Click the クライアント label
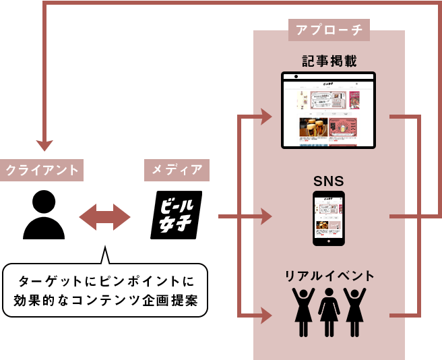[x=42, y=171]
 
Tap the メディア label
[x=177, y=171]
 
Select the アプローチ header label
[x=329, y=30]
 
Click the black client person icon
[x=44, y=214]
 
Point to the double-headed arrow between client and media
[x=105, y=217]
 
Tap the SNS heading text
[x=329, y=181]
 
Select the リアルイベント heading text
[x=329, y=276]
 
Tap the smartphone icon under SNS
[x=329, y=218]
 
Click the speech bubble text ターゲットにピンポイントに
[x=106, y=280]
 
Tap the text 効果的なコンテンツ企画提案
[x=106, y=299]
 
